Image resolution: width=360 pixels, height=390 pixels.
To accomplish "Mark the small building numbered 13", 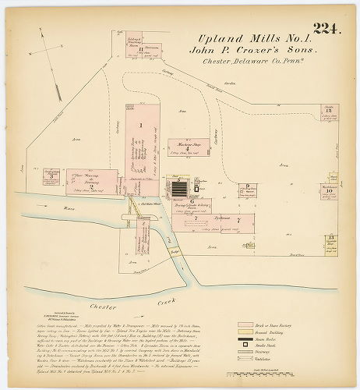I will coord(332,239).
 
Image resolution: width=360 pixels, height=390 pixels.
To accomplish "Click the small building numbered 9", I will coord(245,188).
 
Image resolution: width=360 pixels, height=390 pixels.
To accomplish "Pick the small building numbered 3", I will coord(51,176).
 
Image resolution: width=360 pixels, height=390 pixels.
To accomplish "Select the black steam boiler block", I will coord(179,188).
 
